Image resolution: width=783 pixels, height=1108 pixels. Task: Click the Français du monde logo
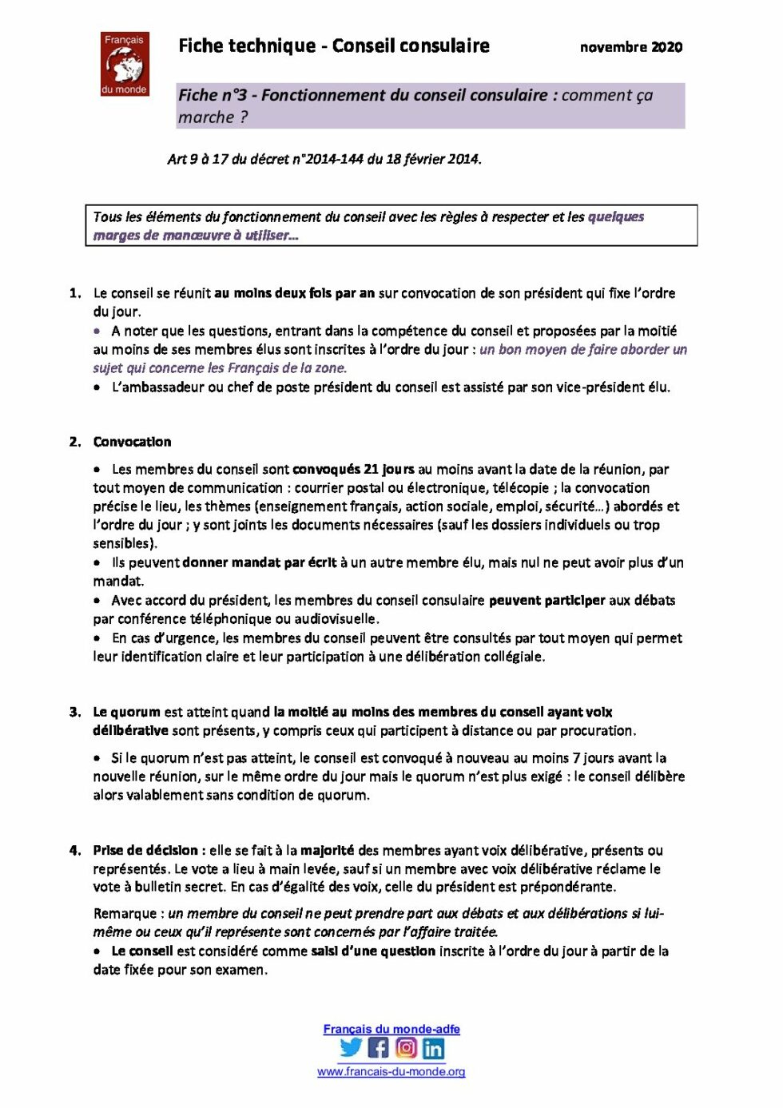point(125,64)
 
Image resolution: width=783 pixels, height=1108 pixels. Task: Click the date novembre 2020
point(630,47)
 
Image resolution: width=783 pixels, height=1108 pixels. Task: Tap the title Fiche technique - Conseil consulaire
point(333,46)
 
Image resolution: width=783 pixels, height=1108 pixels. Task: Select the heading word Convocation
point(132,442)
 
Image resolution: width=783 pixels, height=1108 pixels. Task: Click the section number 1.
point(75,293)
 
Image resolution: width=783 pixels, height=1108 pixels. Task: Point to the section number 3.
point(75,712)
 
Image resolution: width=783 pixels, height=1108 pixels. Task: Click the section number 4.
point(75,850)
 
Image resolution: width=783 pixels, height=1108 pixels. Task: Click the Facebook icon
point(379,1047)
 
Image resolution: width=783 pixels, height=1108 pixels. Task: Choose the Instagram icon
point(406,1047)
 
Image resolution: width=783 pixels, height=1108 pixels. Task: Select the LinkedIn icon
point(434,1048)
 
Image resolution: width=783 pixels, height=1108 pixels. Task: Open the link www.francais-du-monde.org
point(391,1072)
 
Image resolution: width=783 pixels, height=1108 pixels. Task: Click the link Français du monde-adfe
point(391,1029)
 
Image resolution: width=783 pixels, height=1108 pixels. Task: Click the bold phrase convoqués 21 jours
point(353,469)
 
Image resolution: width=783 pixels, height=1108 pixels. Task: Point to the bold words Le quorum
point(126,712)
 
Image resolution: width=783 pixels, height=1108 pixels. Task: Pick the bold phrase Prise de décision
point(145,850)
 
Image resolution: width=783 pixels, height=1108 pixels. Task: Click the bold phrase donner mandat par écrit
point(260,562)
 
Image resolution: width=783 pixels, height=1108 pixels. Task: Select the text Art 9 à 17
point(198,159)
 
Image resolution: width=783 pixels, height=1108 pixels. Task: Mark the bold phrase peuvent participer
point(547,600)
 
